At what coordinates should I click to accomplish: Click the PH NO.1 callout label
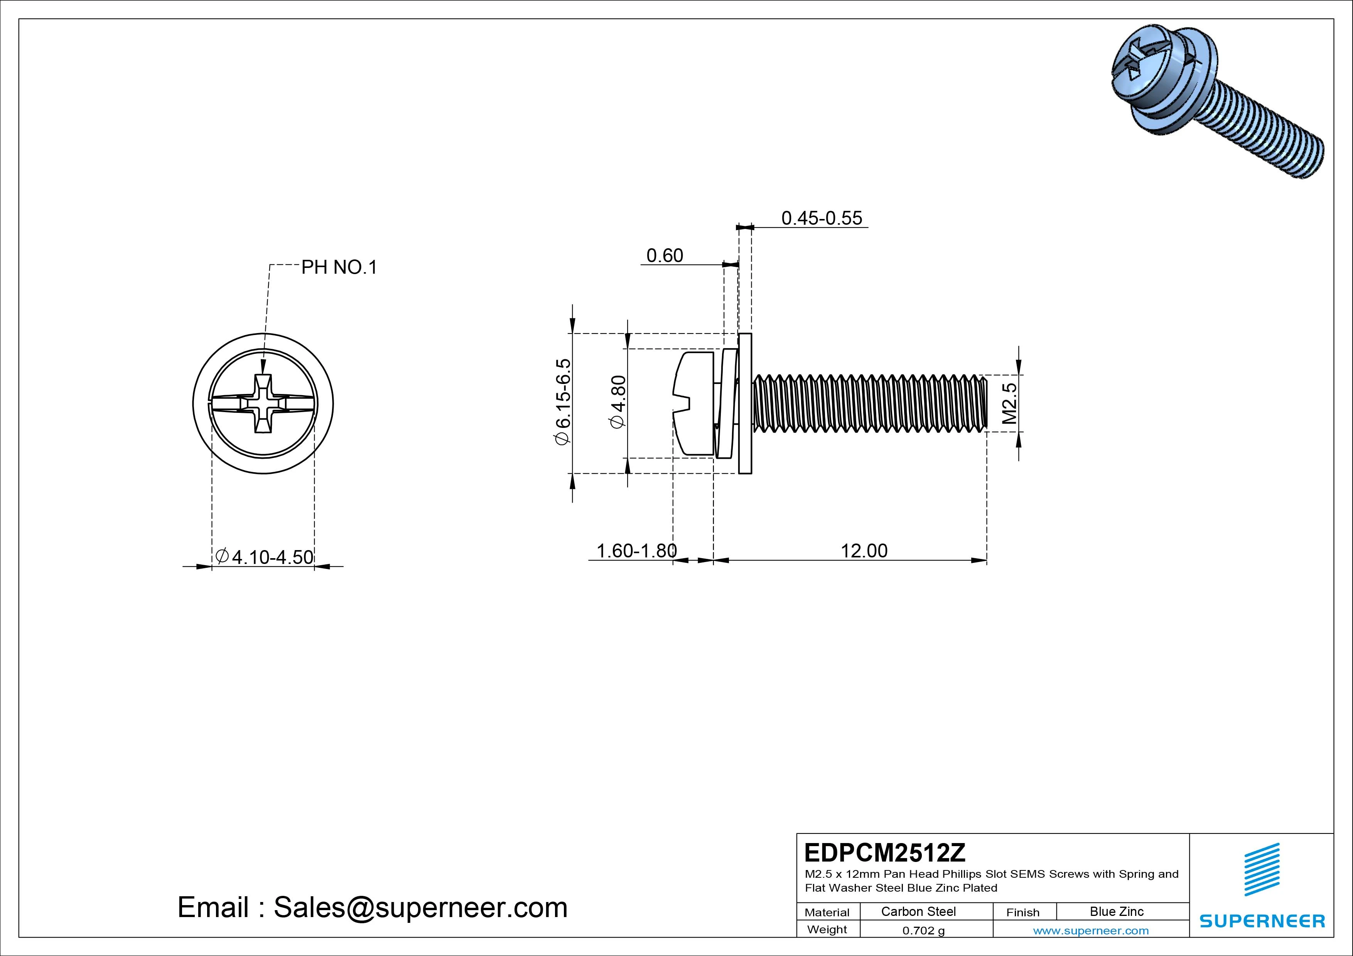[339, 268]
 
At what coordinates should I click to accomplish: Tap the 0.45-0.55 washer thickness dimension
[822, 218]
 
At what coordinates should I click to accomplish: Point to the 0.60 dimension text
[665, 256]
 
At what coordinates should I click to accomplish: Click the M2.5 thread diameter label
[1009, 404]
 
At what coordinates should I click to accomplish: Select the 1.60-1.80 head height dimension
[636, 551]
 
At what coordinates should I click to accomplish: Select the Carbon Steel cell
[918, 911]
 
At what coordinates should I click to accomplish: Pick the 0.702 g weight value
[923, 931]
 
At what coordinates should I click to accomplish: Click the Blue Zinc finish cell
[1116, 911]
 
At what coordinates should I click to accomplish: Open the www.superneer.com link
[1091, 931]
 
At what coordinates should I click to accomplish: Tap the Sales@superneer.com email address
[420, 907]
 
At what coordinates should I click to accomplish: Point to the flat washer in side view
[745, 404]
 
